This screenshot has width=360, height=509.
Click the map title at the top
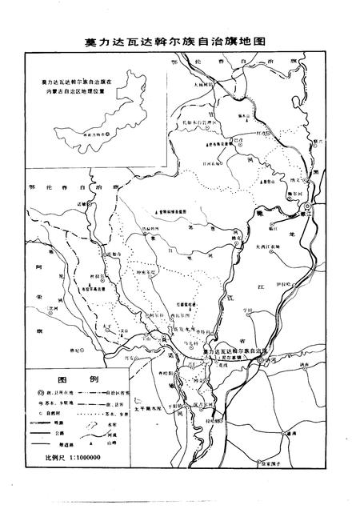click(180, 39)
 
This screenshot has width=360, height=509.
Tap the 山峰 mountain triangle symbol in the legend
click(101, 439)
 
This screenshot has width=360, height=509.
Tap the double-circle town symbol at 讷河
click(261, 363)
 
